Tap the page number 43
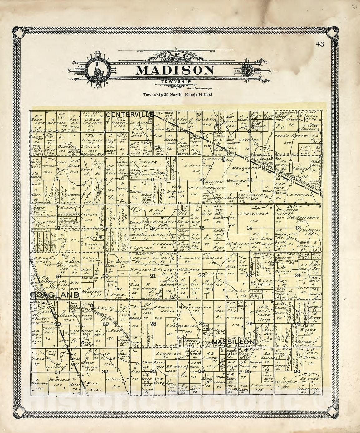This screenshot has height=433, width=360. point(319,44)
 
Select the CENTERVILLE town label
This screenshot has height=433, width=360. point(129,115)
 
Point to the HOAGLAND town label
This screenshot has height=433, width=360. point(54,295)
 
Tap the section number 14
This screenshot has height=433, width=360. point(249,228)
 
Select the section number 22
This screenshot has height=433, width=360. point(202,275)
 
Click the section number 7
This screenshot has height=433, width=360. point(57,179)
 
